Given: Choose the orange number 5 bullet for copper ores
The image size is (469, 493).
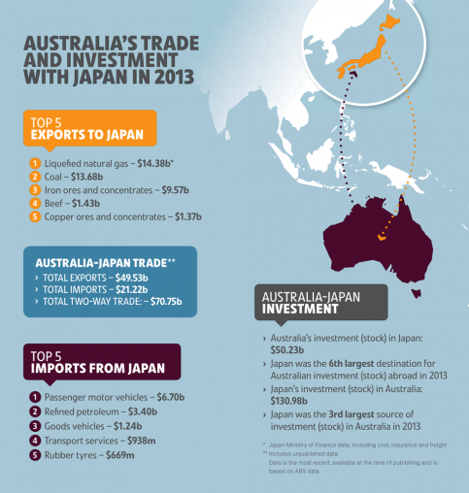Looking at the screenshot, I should pyautogui.click(x=34, y=217).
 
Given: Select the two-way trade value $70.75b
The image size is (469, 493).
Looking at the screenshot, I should pyautogui.click(x=166, y=302).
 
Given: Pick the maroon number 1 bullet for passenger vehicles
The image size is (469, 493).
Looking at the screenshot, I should pyautogui.click(x=34, y=397).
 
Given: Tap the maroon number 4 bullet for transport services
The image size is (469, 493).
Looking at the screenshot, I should pyautogui.click(x=34, y=440).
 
